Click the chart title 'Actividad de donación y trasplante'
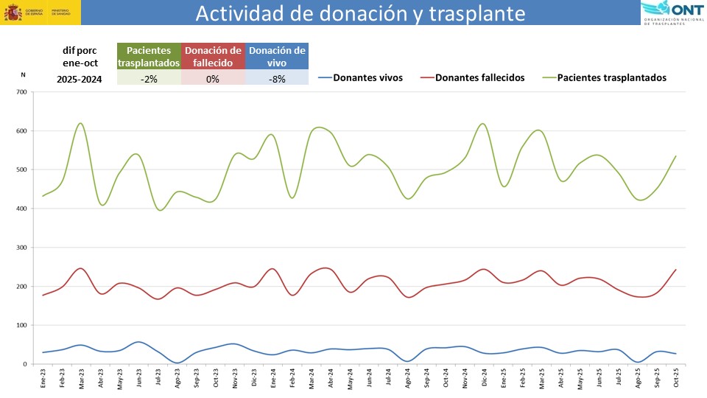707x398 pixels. click(361, 13)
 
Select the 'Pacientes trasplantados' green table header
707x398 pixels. click(149, 56)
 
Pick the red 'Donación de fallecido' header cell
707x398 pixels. click(213, 56)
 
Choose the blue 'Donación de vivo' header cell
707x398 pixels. click(277, 56)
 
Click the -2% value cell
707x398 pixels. click(149, 79)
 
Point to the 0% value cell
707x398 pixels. click(213, 79)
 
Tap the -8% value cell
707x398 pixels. click(277, 79)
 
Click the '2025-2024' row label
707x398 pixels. click(80, 79)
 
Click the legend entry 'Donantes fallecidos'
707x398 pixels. click(479, 77)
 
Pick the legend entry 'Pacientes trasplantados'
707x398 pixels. click(611, 77)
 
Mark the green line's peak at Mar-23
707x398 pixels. click(80, 123)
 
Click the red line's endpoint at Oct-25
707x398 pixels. click(676, 270)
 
